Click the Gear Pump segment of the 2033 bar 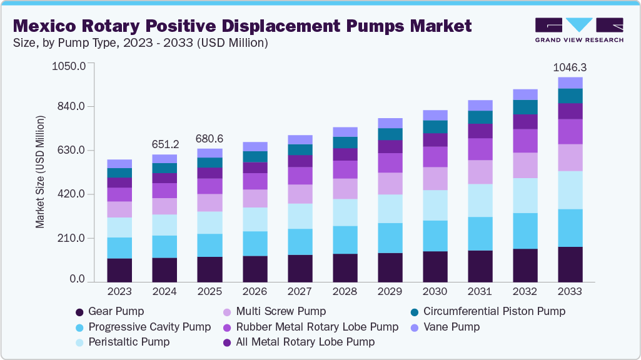pyautogui.click(x=570, y=264)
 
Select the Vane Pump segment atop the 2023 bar pyautogui.click(x=119, y=164)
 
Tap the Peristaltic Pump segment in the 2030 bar pyautogui.click(x=435, y=206)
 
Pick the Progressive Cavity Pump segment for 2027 pyautogui.click(x=300, y=242)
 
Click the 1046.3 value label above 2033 pyautogui.click(x=570, y=67)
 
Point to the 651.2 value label pyautogui.click(x=165, y=144)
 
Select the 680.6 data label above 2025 pyautogui.click(x=210, y=138)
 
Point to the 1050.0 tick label pyautogui.click(x=69, y=65)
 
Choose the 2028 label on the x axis pyautogui.click(x=345, y=292)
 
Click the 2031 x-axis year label pyautogui.click(x=480, y=292)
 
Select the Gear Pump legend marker pyautogui.click(x=79, y=311)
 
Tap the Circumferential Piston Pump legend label pyautogui.click(x=494, y=311)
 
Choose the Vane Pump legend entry pyautogui.click(x=452, y=327)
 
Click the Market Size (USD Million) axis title pyautogui.click(x=41, y=172)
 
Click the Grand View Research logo pyautogui.click(x=579, y=29)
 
